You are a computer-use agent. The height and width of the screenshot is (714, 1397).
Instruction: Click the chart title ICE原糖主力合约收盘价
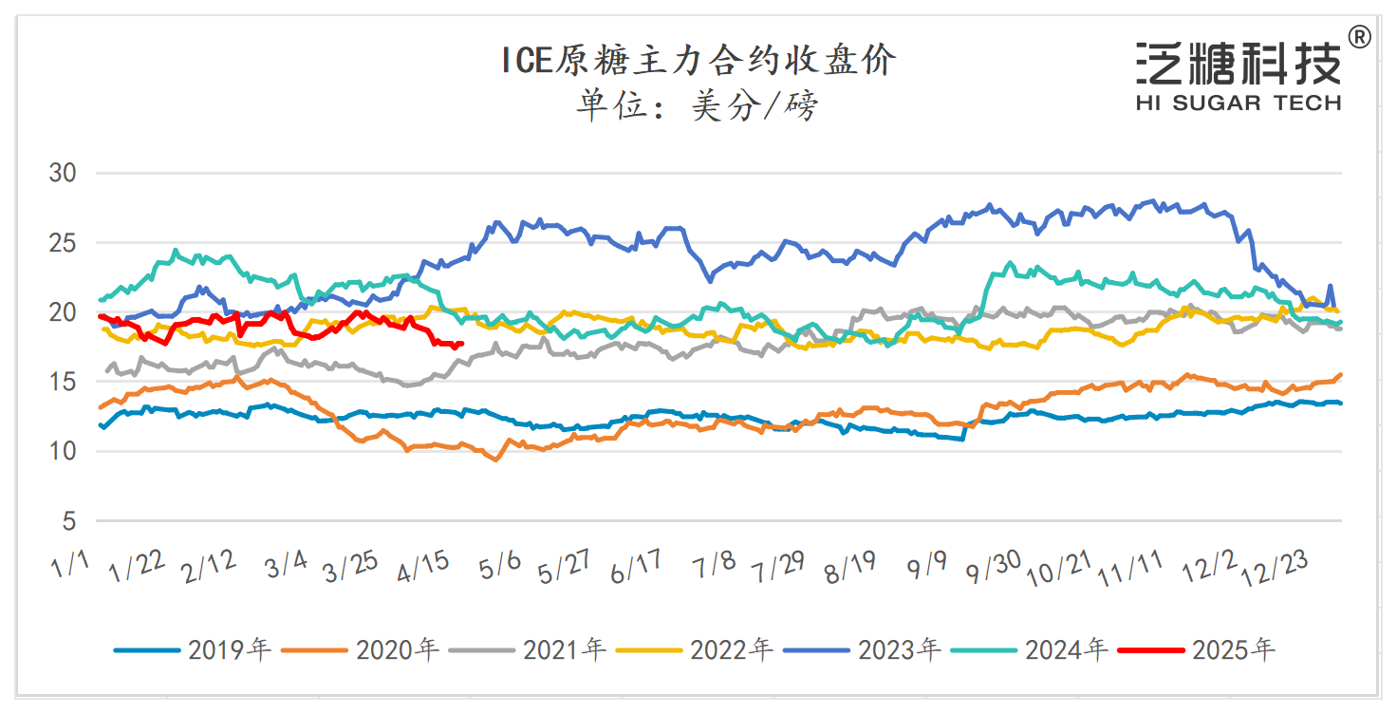click(698, 62)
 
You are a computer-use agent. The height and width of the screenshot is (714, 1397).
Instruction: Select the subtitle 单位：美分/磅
click(698, 106)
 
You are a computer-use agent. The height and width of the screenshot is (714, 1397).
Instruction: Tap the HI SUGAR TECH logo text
click(1238, 103)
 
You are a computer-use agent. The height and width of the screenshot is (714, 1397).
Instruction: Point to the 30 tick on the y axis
click(64, 174)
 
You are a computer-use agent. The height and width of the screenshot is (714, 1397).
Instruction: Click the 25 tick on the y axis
click(64, 243)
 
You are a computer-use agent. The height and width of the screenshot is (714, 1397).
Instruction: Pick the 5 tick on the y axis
click(70, 521)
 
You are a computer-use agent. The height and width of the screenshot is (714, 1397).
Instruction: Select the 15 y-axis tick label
click(64, 383)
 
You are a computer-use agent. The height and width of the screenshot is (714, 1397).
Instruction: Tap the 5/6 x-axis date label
click(500, 568)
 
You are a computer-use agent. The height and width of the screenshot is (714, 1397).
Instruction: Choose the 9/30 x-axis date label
click(994, 568)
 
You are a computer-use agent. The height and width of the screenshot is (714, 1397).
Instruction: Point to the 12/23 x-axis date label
click(1280, 570)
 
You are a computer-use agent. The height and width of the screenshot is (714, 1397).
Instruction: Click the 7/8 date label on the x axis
click(715, 567)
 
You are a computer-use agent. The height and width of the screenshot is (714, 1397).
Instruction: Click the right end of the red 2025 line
click(461, 344)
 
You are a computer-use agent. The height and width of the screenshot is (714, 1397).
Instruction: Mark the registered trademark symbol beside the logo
click(1359, 37)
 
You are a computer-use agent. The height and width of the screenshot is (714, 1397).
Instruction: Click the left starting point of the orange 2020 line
click(100, 408)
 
